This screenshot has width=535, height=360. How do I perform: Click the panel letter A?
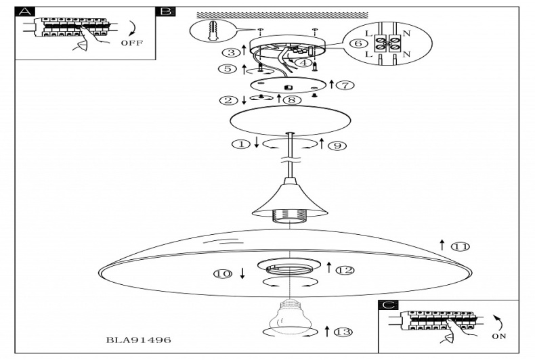pyautogui.click(x=24, y=12)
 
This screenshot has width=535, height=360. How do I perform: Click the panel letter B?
pyautogui.click(x=165, y=12)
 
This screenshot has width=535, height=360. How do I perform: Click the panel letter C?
pyautogui.click(x=387, y=305)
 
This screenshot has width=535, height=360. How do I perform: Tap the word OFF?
pyautogui.click(x=131, y=43)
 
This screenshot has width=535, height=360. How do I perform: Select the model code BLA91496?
pyautogui.click(x=139, y=340)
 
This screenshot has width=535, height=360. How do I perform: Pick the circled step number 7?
pyautogui.click(x=345, y=85)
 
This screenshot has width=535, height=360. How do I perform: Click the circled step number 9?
pyautogui.click(x=337, y=145)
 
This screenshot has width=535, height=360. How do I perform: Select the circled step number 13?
pyautogui.click(x=344, y=332)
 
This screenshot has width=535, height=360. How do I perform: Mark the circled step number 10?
pyautogui.click(x=222, y=274)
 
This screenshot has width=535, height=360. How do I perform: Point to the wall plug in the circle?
pyautogui.click(x=211, y=31)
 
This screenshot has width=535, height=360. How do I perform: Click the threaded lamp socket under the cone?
pyautogui.click(x=289, y=217)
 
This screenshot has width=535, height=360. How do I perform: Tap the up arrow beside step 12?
pyautogui.click(x=330, y=267)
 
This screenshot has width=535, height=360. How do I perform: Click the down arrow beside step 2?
pyautogui.click(x=244, y=101)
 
